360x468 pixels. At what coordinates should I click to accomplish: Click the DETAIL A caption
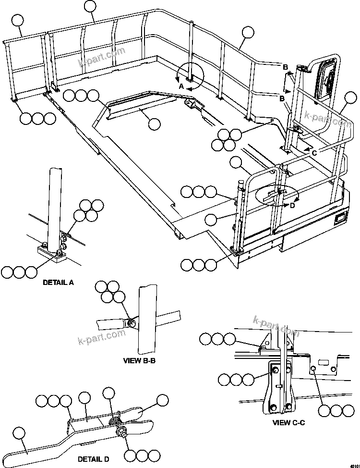coord(58,283)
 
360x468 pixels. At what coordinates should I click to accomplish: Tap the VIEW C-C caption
coord(288,422)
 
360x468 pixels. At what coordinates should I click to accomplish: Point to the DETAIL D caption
coord(93,459)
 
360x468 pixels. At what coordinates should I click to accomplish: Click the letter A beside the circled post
coord(181,86)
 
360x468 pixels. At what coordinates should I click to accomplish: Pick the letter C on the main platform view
coord(314,153)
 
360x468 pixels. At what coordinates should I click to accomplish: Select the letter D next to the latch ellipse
coord(292,206)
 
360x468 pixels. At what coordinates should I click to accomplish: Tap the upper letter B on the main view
coord(285,66)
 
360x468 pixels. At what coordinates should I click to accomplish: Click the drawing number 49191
coord(353,465)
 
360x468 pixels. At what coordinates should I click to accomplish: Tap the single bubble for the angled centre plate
coord(154,124)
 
